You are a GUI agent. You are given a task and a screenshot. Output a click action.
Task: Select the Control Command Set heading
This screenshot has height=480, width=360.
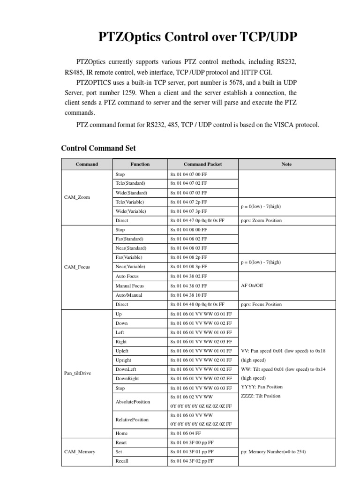(98, 148)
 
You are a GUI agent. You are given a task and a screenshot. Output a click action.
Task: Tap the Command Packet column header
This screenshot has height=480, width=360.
(202, 164)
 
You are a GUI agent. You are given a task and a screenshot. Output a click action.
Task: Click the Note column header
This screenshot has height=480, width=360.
(286, 164)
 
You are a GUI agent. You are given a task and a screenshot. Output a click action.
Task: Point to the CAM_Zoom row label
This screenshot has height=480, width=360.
(77, 197)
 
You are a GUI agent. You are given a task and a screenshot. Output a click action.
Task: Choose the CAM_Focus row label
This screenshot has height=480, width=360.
(77, 267)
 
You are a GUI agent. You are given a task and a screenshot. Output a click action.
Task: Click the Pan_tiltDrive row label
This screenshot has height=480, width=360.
(77, 373)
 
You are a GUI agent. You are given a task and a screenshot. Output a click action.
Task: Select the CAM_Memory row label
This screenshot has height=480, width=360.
(79, 451)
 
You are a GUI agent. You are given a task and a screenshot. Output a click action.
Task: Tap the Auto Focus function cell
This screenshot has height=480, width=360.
(127, 276)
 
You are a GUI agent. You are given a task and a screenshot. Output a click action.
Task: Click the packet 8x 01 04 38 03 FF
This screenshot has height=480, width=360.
(188, 285)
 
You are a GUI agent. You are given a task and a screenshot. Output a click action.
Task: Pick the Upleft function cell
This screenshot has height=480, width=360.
(123, 351)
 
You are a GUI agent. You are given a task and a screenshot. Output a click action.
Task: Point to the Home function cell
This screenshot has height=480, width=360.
(121, 433)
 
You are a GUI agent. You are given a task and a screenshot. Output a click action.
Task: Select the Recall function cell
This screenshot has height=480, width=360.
(122, 461)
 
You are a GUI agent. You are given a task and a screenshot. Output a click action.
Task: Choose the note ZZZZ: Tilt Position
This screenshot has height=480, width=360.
(261, 396)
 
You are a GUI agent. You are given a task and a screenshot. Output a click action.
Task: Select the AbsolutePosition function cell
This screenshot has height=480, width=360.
(133, 402)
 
